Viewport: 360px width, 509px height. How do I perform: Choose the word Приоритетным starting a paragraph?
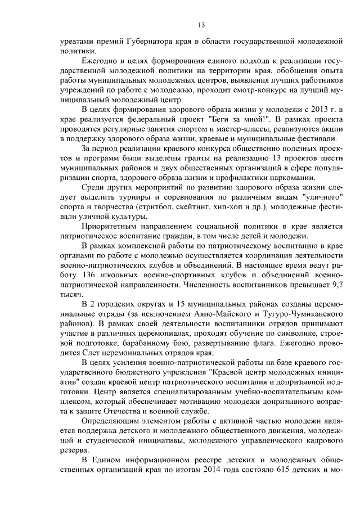(111, 226)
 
